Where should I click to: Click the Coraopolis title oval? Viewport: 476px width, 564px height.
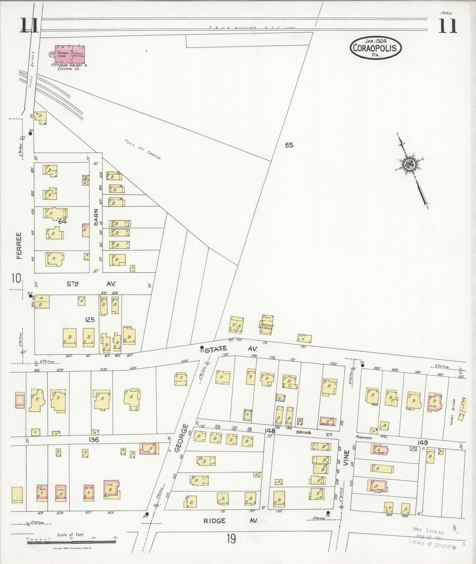pos(376,48)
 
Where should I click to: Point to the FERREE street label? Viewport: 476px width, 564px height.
pos(19,245)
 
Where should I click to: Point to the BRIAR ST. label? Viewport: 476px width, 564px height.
pos(308,433)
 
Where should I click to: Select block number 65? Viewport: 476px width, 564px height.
pos(289,145)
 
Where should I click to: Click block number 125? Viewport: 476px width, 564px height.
pos(90,319)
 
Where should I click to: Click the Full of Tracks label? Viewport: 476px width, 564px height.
pos(143,149)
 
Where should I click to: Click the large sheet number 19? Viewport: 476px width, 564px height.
pos(231,539)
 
